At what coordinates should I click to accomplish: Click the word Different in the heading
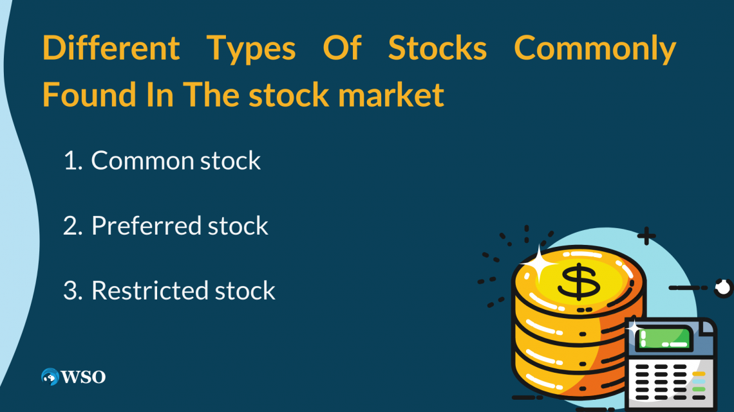[x=111, y=48]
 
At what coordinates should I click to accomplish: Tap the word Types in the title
[x=251, y=49]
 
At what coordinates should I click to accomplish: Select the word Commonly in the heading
[x=595, y=49]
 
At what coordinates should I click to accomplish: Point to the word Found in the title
[x=89, y=94]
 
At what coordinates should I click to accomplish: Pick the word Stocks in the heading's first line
[x=437, y=48]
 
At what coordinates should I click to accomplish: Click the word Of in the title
[x=342, y=48]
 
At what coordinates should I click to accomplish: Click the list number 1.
[x=71, y=161]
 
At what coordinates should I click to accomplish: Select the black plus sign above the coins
[x=646, y=237]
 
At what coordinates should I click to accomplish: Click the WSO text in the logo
[x=83, y=377]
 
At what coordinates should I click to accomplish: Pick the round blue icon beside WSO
[x=50, y=377]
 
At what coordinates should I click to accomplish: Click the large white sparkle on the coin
[x=538, y=264]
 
